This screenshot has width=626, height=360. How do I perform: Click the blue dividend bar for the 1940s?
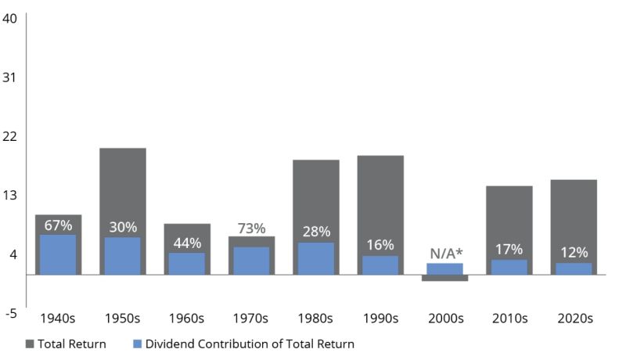tap(58, 255)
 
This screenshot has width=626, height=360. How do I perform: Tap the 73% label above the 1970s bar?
tap(251, 228)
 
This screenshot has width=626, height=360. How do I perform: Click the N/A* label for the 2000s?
tap(444, 254)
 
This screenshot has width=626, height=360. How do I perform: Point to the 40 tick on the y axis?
tap(11, 19)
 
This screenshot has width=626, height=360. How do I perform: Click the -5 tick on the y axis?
tap(11, 313)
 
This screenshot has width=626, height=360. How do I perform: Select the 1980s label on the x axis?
tap(315, 319)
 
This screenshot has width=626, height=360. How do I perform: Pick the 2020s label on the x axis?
tap(574, 319)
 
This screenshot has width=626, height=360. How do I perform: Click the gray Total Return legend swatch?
tap(31, 344)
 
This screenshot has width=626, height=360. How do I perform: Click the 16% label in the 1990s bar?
tap(380, 245)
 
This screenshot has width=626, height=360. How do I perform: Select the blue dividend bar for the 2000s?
tap(444, 268)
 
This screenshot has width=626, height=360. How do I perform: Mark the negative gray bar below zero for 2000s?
tap(444, 278)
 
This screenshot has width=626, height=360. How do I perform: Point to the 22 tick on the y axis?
tap(11, 136)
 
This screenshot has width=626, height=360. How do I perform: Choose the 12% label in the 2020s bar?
tap(574, 252)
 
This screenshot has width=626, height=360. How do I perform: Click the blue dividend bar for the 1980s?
tap(315, 259)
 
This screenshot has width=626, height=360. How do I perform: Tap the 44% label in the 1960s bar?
tap(186, 243)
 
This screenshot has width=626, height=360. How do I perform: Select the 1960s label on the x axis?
tap(186, 319)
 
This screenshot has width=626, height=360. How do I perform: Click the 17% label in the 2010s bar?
tap(509, 250)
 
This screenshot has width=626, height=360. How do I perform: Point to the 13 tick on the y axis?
tap(11, 195)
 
